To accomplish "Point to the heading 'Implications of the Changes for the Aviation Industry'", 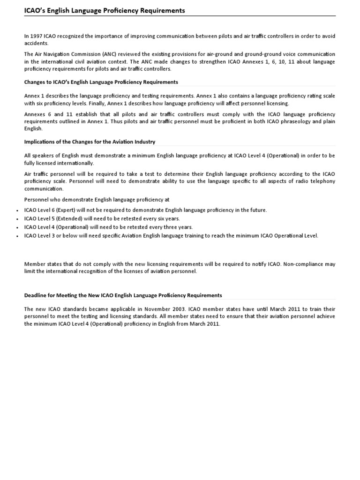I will (x=90, y=142).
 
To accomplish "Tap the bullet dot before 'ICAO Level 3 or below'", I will (x=17, y=236).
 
